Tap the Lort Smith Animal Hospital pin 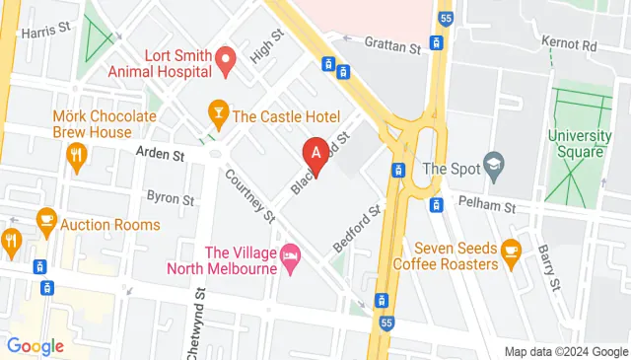click(224, 62)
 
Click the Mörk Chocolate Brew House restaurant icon click(76, 154)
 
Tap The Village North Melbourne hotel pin click(289, 253)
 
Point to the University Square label click(577, 143)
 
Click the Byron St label click(170, 197)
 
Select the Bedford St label click(356, 229)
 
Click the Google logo click(35, 345)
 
